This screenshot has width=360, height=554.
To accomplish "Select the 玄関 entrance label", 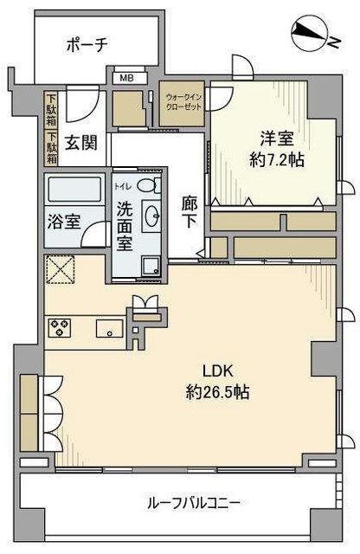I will tap(77, 140).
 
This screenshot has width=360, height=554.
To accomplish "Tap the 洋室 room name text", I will tap(273, 138).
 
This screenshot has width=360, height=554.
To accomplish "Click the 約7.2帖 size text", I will tap(277, 160).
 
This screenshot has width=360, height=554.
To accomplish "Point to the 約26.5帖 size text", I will tap(218, 392).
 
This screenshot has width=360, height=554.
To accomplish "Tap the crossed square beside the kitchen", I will tap(59, 270).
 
